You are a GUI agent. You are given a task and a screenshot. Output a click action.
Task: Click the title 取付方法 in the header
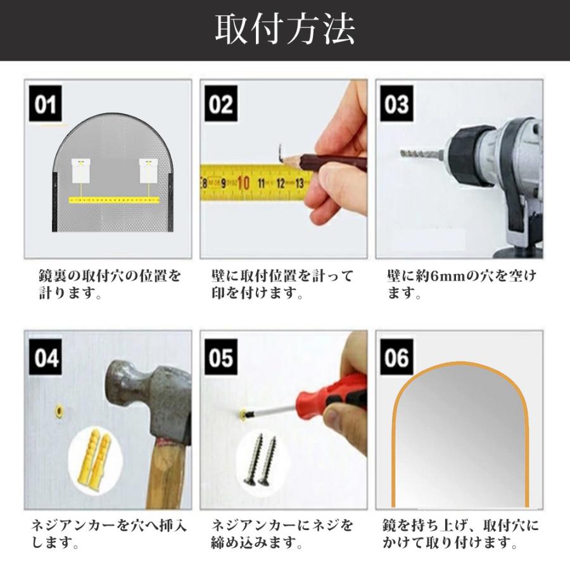click(285, 30)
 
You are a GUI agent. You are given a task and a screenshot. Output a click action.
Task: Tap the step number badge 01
click(46, 105)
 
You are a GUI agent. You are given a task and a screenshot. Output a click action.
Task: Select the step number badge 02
click(221, 105)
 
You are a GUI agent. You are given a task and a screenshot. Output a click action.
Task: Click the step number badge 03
click(396, 105)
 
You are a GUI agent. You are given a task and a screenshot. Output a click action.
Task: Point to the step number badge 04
click(46, 358)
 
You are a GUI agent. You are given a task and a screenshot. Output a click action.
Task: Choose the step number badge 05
click(221, 358)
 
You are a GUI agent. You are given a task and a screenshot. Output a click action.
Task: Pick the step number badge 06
click(396, 358)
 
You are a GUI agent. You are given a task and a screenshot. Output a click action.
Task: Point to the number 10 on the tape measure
click(243, 184)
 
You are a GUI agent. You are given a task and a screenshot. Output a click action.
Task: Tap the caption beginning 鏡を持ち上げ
click(461, 534)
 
